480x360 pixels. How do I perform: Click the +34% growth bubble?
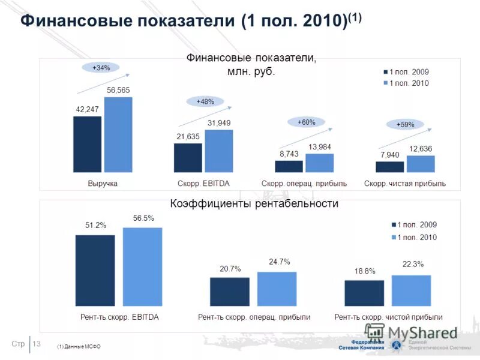(101, 68)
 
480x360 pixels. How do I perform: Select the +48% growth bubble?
(205, 101)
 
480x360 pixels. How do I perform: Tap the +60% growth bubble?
(306, 122)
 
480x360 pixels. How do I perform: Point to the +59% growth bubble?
(405, 124)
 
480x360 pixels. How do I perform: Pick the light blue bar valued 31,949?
(218, 151)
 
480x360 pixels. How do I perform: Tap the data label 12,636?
(421, 148)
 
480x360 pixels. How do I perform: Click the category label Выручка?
(103, 183)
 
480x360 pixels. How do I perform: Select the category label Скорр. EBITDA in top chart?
(204, 183)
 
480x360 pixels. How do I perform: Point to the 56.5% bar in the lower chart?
(142, 266)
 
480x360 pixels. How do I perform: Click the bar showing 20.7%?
(229, 291)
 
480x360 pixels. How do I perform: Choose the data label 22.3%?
(413, 264)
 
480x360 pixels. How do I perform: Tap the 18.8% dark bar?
(364, 293)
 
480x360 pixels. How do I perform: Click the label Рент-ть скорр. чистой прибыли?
(388, 317)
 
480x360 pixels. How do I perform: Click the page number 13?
(36, 343)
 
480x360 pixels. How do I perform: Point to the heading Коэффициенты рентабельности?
(254, 204)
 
